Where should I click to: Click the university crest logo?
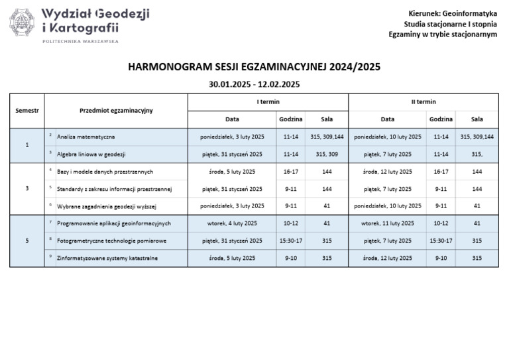[x=22, y=23]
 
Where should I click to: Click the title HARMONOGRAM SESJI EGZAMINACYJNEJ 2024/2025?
[x=254, y=67]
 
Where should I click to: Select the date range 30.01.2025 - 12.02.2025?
[x=254, y=84]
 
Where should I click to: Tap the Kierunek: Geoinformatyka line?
[x=453, y=13]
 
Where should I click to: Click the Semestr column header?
[x=27, y=110]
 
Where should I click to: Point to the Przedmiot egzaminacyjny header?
[x=116, y=110]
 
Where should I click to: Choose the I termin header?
[x=268, y=101]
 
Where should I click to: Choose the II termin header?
[x=423, y=101]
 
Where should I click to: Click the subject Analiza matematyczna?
[x=85, y=137]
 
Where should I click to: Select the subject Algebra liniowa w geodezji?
[x=91, y=154]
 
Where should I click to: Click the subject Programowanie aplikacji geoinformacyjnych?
[x=113, y=223]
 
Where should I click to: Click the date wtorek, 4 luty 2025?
[x=232, y=223]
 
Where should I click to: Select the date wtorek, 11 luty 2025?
[x=388, y=223]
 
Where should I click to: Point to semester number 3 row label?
[x=27, y=188]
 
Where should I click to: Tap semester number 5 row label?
[x=27, y=241]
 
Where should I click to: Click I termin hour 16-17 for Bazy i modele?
[x=290, y=171]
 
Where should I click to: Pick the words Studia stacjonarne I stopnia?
[x=450, y=24]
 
